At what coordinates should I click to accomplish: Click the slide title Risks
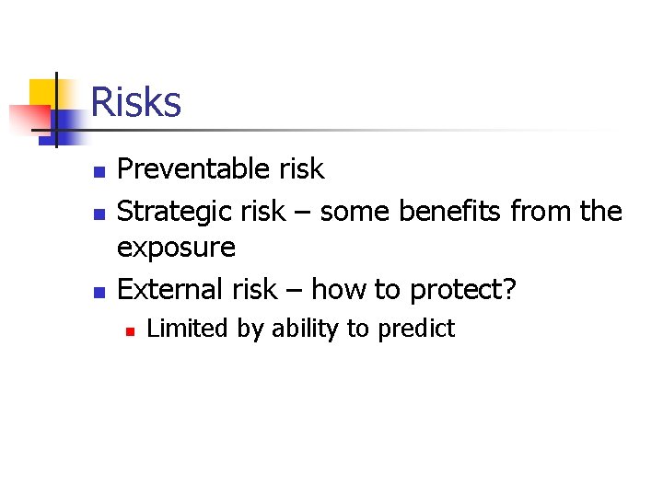(x=136, y=102)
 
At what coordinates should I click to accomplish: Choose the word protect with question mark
(x=464, y=291)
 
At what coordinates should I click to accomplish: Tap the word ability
(x=308, y=329)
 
